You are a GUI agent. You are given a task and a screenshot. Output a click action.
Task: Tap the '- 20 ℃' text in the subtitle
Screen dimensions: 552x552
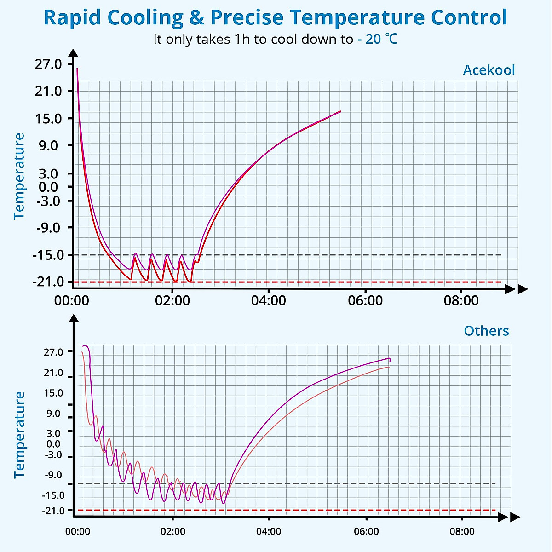click(x=377, y=39)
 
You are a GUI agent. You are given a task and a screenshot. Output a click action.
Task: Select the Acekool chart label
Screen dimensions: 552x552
click(x=489, y=70)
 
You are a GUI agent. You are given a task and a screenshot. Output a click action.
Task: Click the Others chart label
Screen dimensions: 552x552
click(x=486, y=331)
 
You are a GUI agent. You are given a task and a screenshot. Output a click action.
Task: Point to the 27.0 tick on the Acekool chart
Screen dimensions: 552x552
click(x=48, y=64)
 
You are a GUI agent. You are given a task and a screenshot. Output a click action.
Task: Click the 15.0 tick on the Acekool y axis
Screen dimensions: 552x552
click(x=48, y=118)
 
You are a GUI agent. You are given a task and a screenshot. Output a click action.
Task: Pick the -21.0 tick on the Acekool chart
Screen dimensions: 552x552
click(x=47, y=282)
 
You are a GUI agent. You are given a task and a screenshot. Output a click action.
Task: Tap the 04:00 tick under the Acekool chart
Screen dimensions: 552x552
click(x=269, y=301)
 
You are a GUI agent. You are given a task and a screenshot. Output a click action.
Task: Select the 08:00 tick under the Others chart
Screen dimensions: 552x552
click(x=462, y=532)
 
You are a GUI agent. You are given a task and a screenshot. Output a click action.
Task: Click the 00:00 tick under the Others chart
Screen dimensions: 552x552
click(x=78, y=532)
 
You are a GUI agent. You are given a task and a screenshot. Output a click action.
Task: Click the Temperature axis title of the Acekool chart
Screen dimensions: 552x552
click(x=19, y=176)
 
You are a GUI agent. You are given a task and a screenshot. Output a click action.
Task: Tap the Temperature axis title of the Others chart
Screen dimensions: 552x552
click(x=19, y=435)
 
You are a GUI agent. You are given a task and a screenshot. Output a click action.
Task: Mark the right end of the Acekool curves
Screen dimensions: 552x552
click(x=340, y=111)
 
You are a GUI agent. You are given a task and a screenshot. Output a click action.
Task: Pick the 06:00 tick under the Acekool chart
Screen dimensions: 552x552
click(x=365, y=301)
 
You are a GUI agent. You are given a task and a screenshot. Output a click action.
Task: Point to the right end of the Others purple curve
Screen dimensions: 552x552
click(x=390, y=359)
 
